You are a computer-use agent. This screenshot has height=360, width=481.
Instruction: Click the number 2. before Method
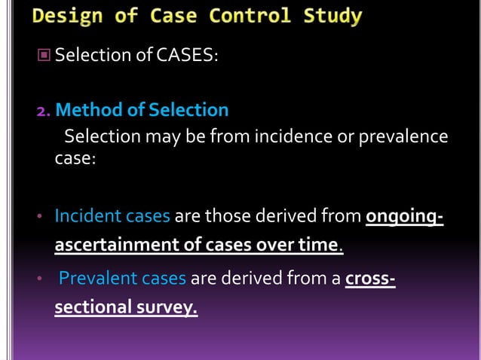click(x=44, y=111)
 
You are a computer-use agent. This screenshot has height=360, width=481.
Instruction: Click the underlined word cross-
click(x=370, y=279)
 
